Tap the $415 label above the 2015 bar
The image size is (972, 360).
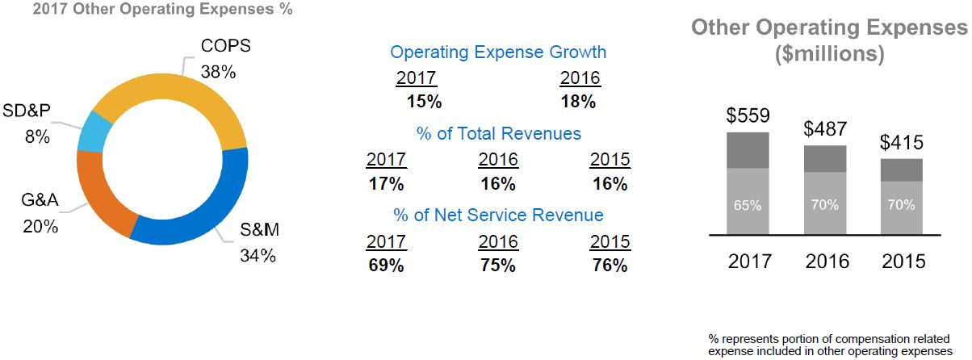pyautogui.click(x=901, y=143)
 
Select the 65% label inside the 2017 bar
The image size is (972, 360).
pyautogui.click(x=748, y=205)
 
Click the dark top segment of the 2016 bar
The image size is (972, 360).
pyautogui.click(x=824, y=159)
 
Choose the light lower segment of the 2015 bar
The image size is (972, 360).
pyautogui.click(x=901, y=207)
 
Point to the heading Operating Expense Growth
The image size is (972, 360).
pyautogui.click(x=498, y=52)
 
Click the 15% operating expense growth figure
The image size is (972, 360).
pyautogui.click(x=424, y=103)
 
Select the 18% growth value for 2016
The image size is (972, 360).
pyautogui.click(x=577, y=103)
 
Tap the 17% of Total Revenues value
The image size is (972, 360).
pyautogui.click(x=386, y=184)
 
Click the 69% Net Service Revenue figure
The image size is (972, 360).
pyautogui.click(x=386, y=266)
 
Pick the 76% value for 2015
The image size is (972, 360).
pyautogui.click(x=610, y=266)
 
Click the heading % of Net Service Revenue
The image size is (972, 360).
pyautogui.click(x=498, y=216)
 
